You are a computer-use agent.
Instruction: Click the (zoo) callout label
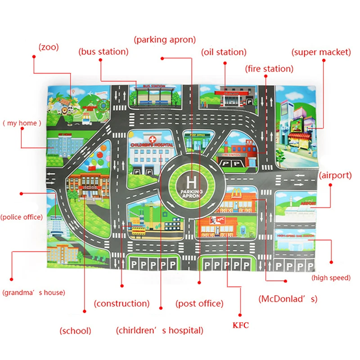49,46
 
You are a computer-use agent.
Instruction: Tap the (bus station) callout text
103,51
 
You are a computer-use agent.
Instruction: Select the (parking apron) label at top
165,40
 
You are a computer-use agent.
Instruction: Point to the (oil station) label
224,52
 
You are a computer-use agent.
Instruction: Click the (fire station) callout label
269,69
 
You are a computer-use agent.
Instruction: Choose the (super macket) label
321,52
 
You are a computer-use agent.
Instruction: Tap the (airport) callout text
335,175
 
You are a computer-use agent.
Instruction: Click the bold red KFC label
240,324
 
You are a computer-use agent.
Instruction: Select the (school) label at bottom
76,331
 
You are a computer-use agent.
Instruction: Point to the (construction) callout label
121,303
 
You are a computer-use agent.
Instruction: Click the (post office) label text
199,303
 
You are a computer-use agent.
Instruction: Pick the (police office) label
22,217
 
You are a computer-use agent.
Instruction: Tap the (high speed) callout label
331,278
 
